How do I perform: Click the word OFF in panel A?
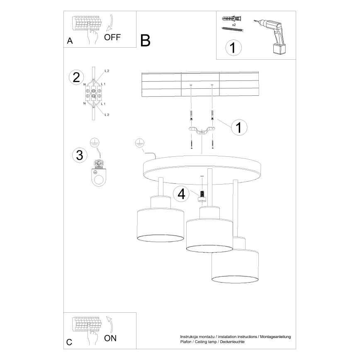click(112, 37)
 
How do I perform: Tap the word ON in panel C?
click(110, 338)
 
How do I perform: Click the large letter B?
click(145, 40)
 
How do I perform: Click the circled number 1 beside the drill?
click(233, 48)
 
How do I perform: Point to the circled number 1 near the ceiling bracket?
click(238, 127)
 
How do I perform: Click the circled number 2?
click(76, 77)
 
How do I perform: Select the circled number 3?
click(79, 155)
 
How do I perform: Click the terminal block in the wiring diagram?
click(94, 93)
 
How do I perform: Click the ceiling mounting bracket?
click(201, 131)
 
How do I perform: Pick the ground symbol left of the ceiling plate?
click(140, 144)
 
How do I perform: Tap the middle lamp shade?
click(209, 235)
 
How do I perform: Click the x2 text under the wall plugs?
click(235, 25)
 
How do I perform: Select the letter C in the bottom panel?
click(69, 343)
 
